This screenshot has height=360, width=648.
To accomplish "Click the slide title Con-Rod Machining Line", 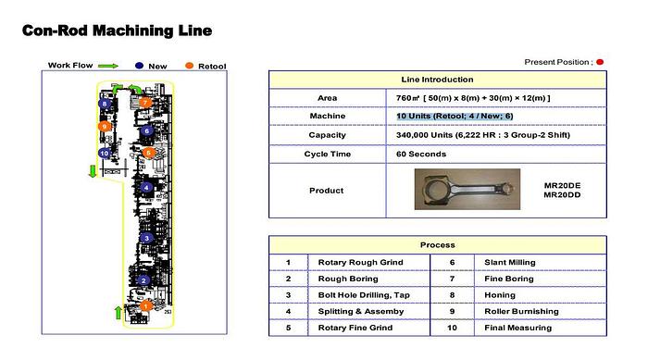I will (117, 31).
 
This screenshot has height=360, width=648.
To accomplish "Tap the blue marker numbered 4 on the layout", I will (146, 188).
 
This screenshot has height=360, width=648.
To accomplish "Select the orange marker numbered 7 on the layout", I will (145, 102).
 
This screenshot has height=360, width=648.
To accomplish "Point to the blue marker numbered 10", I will (105, 153).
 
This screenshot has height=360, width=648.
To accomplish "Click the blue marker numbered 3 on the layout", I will (146, 239).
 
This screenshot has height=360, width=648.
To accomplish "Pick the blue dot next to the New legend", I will (138, 66).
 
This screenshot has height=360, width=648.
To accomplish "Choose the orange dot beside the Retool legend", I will (189, 66).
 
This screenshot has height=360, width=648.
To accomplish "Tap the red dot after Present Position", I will (600, 62).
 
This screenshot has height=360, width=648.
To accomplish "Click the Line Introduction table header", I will (437, 80).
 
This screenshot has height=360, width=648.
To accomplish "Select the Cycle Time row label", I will (327, 153).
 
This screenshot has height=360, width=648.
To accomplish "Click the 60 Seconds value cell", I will (419, 153).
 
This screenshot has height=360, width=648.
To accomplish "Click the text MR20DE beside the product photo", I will (561, 185).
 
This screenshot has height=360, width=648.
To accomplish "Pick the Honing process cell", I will (497, 295).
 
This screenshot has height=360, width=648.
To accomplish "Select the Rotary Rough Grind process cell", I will (360, 262).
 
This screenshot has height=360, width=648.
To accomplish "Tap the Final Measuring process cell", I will (518, 328).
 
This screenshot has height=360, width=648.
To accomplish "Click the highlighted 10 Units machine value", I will (455, 116).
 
